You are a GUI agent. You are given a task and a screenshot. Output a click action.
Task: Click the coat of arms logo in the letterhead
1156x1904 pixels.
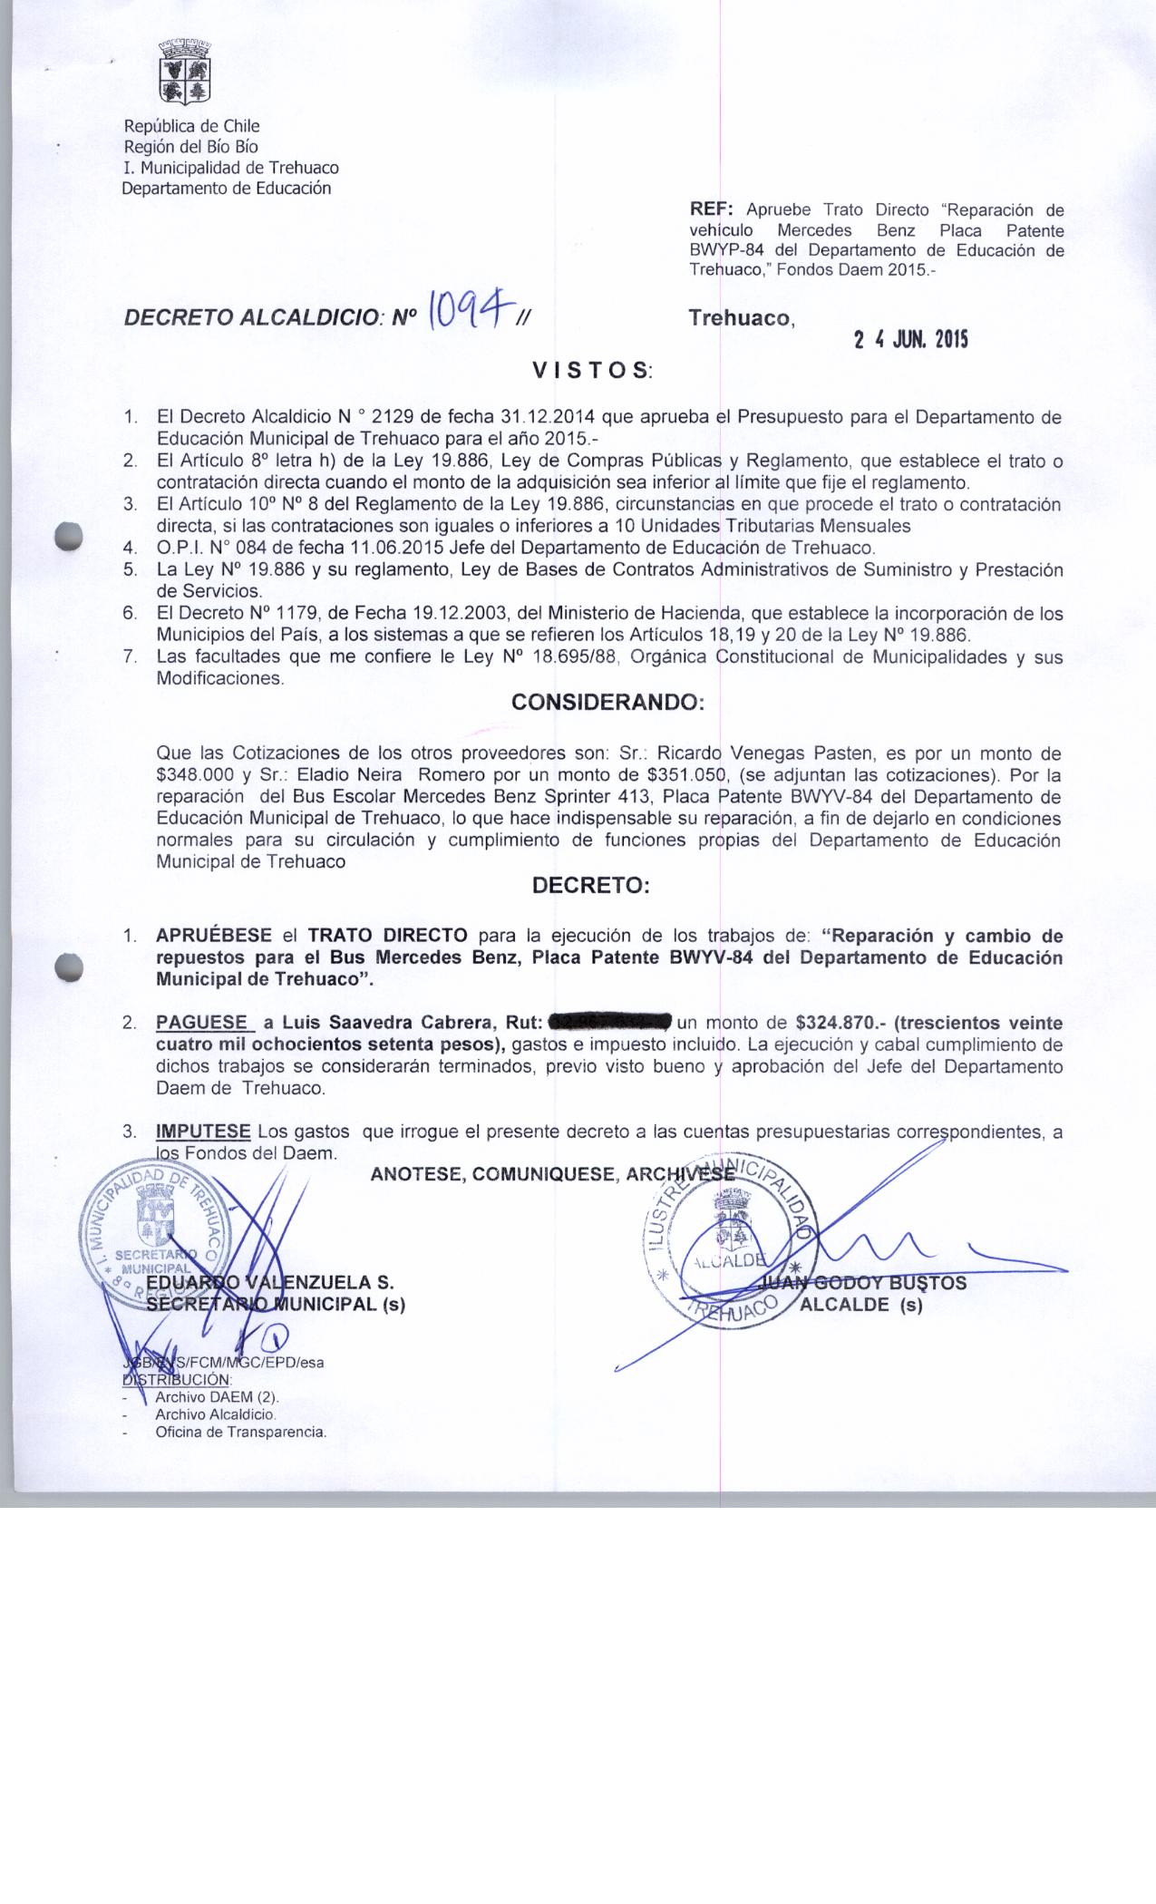tap(185, 72)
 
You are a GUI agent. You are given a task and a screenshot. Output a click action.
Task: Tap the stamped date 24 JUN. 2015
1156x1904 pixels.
tap(910, 340)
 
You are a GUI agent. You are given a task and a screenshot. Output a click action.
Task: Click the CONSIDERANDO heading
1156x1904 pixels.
tap(607, 703)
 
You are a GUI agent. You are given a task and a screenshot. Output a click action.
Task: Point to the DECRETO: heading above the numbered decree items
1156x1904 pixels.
tap(590, 886)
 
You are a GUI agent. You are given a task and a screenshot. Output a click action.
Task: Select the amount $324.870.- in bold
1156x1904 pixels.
tap(840, 1023)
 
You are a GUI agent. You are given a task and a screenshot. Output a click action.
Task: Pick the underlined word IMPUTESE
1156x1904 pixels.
tap(203, 1132)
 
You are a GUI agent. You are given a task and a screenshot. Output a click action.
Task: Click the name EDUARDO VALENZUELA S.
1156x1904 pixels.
tap(270, 1283)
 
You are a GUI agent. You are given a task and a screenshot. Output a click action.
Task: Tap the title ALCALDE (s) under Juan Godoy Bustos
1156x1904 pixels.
tap(860, 1307)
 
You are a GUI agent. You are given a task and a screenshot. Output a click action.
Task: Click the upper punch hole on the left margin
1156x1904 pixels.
tap(69, 536)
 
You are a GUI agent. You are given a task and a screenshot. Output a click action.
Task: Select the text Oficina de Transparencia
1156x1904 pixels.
tap(240, 1433)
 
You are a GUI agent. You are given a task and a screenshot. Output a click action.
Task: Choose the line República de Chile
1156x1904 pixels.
tap(191, 126)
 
